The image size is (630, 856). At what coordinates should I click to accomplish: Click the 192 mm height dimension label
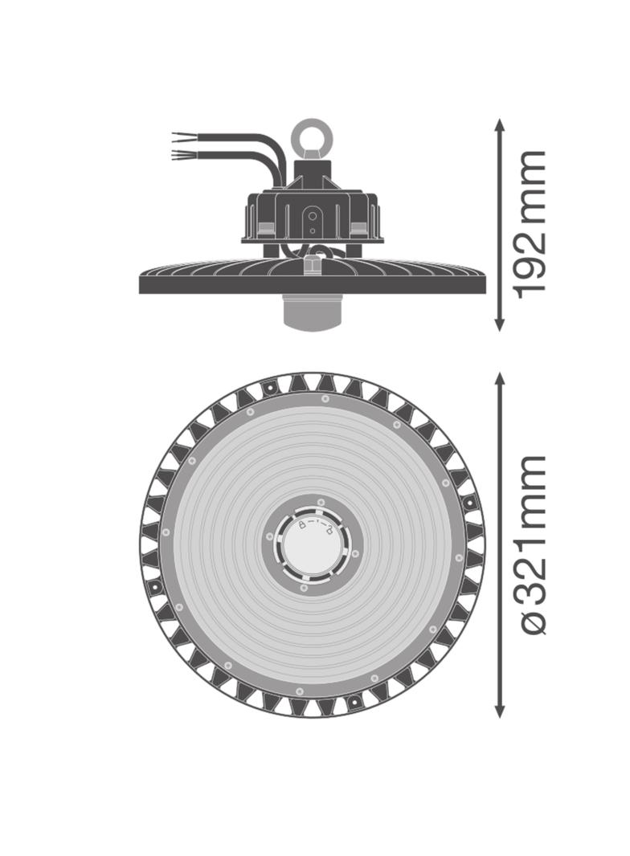[530, 224]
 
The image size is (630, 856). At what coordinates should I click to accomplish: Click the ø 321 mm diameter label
[530, 544]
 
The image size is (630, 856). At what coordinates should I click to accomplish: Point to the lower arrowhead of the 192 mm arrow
[499, 324]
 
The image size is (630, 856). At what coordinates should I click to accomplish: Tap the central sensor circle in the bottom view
[312, 545]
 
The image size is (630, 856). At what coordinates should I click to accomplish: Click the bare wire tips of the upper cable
[180, 135]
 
